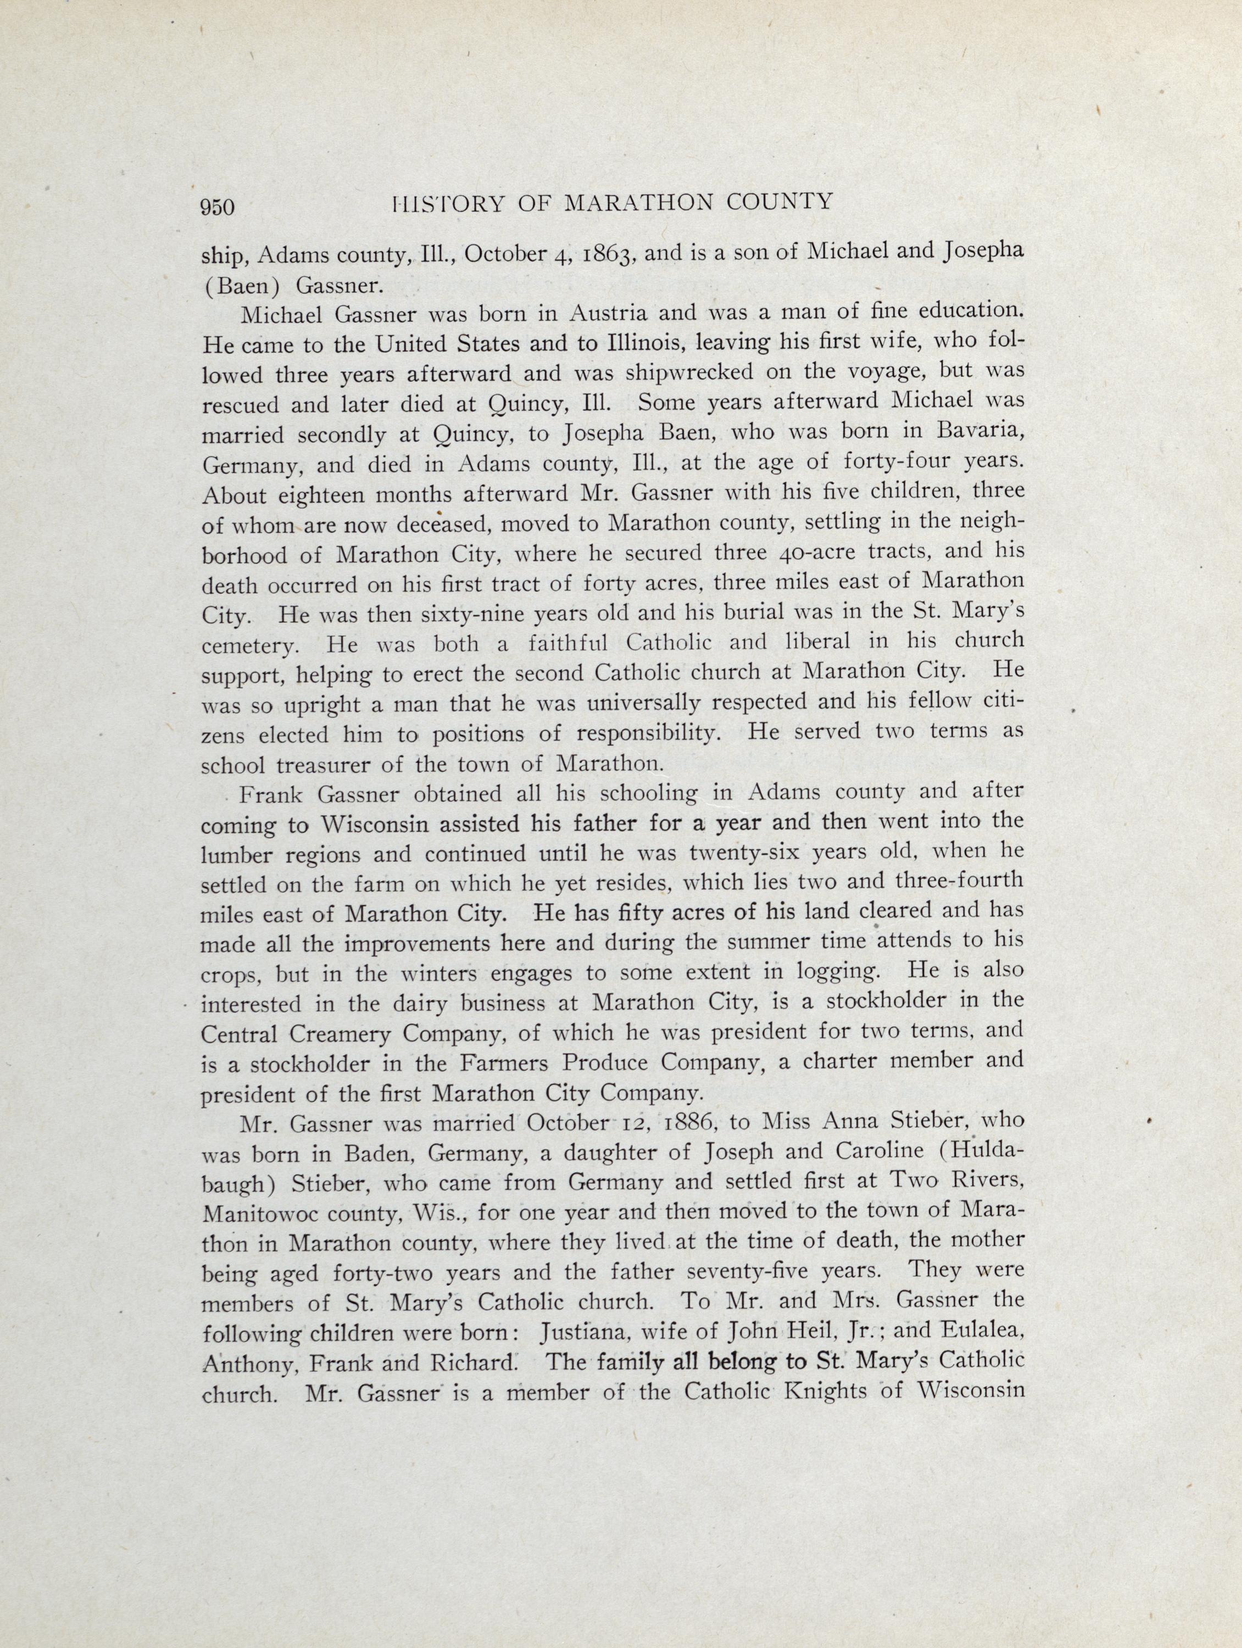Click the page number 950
(218, 207)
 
